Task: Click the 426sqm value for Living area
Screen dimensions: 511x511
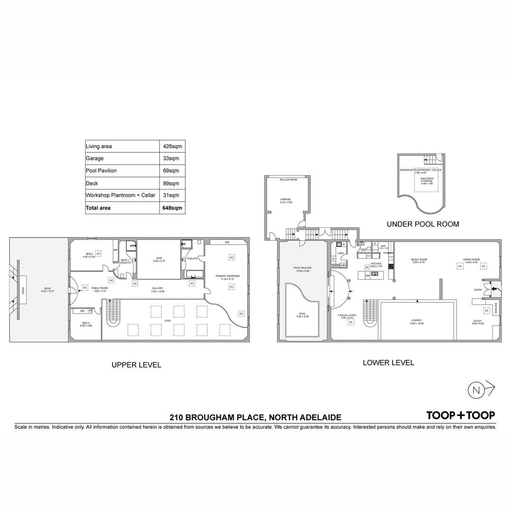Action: pyautogui.click(x=173, y=147)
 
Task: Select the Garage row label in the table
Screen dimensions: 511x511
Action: pyautogui.click(x=95, y=159)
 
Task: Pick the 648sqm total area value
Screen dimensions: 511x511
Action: pyautogui.click(x=172, y=208)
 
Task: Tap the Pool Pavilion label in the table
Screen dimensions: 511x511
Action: pyautogui.click(x=101, y=171)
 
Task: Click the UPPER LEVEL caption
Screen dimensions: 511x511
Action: pyautogui.click(x=136, y=365)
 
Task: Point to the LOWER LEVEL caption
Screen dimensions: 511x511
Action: pyautogui.click(x=388, y=363)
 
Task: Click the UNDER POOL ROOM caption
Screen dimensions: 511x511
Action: pyautogui.click(x=423, y=224)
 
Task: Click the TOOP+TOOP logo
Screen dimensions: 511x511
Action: pyautogui.click(x=460, y=415)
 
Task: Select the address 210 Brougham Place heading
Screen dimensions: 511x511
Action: pyautogui.click(x=255, y=417)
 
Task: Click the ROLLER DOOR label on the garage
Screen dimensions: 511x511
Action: pyautogui.click(x=288, y=179)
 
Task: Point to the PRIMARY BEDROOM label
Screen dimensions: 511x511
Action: pyautogui.click(x=228, y=276)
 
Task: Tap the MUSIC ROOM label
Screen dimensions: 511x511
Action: pyautogui.click(x=419, y=259)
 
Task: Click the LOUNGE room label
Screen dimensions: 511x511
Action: pyautogui.click(x=416, y=320)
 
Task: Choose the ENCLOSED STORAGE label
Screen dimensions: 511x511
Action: pyautogui.click(x=426, y=180)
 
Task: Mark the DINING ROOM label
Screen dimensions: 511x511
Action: pyautogui.click(x=471, y=259)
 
